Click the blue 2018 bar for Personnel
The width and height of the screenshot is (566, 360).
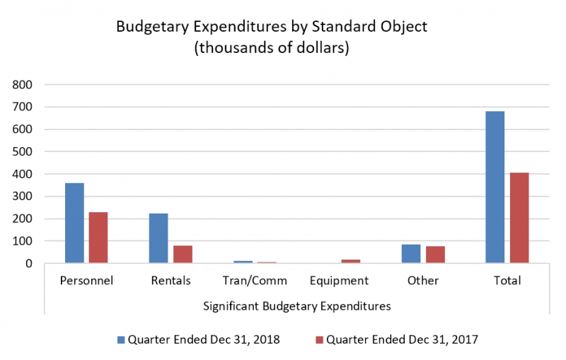(74, 223)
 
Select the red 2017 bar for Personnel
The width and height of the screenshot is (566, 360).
(98, 238)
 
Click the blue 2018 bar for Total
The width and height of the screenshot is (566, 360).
(495, 187)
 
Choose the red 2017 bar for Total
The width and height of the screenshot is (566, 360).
(519, 218)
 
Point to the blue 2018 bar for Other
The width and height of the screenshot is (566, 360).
(411, 254)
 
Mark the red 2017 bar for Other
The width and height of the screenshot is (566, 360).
(435, 255)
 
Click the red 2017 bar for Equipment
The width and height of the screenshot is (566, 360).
(351, 262)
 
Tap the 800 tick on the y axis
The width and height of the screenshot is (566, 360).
(23, 85)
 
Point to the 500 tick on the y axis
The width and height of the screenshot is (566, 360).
(23, 152)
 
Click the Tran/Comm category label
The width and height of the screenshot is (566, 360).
(255, 281)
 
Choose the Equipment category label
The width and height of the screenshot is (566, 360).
(339, 281)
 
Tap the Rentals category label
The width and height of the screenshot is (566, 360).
(171, 281)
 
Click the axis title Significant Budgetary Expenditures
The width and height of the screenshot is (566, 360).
(296, 306)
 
